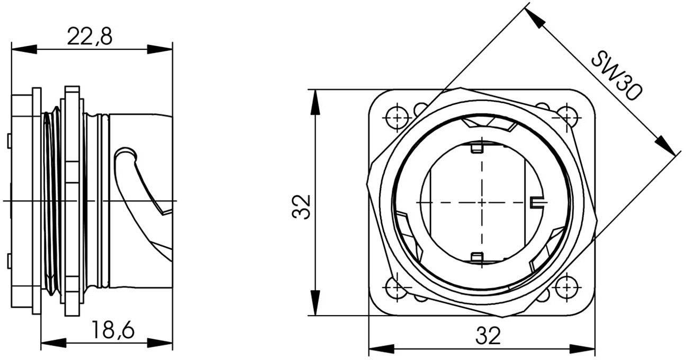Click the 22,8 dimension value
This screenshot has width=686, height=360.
(89, 37)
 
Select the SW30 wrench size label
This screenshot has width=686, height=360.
(617, 75)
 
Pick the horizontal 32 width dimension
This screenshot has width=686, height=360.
(488, 335)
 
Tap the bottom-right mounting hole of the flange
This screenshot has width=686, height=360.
(566, 288)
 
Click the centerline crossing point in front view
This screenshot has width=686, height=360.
(482, 202)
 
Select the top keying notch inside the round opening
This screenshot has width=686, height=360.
(477, 147)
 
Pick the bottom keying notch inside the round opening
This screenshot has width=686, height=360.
(477, 258)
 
